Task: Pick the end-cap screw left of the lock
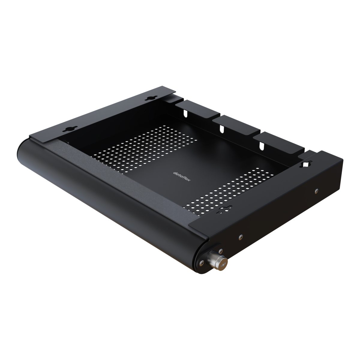(x=199, y=264)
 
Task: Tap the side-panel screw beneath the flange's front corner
(x=240, y=237)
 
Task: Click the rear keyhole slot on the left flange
(x=148, y=99)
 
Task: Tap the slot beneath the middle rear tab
(x=222, y=128)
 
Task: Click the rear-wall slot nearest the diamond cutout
(x=262, y=145)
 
